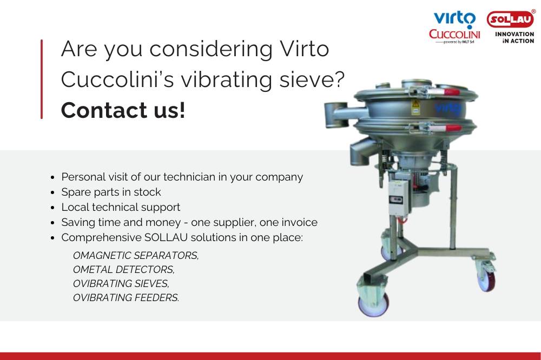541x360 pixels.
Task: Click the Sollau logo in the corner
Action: tap(511, 19)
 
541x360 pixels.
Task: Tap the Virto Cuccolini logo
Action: tap(454, 28)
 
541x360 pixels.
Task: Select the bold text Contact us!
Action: tap(123, 110)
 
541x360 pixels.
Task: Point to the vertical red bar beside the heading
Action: tap(42, 79)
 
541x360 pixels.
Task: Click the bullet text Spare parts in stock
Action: tap(111, 192)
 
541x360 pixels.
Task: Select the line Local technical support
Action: tap(121, 207)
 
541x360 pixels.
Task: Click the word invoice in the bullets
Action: tap(300, 222)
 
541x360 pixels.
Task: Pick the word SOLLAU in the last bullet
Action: tap(166, 238)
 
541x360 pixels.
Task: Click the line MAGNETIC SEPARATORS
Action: tap(136, 256)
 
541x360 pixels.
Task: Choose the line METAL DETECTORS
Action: tap(124, 269)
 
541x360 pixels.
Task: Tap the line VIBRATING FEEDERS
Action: tap(126, 297)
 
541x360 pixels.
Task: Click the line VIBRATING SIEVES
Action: tap(121, 283)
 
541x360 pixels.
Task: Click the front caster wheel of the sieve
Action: tap(374, 304)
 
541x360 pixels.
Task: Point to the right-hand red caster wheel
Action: tap(487, 278)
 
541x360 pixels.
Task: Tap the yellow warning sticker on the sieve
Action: tap(415, 107)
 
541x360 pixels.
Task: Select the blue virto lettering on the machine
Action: tap(447, 108)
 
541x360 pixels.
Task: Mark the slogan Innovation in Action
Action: tap(514, 38)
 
